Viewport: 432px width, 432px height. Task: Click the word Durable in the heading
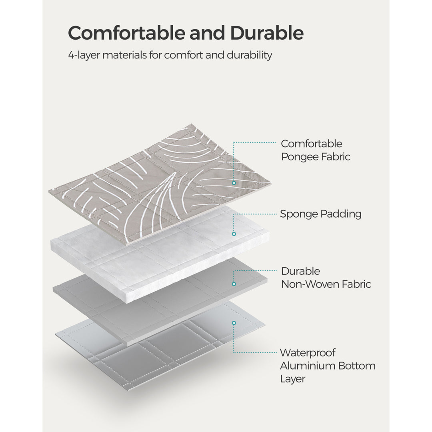tap(267, 33)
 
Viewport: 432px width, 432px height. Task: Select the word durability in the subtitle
tap(249, 55)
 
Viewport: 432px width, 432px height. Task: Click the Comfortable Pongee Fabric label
tap(315, 150)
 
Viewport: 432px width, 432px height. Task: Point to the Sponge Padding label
tap(320, 214)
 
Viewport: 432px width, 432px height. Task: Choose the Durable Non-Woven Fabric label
tap(326, 278)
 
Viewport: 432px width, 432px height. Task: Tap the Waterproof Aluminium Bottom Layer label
tap(327, 366)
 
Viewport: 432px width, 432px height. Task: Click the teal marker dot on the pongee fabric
tap(234, 183)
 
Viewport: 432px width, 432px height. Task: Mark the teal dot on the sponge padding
tap(234, 234)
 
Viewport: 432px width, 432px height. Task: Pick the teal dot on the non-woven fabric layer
tap(234, 284)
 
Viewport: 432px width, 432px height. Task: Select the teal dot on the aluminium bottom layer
tap(234, 323)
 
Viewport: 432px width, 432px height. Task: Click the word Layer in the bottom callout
tap(293, 379)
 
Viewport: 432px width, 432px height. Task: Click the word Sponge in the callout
tap(299, 214)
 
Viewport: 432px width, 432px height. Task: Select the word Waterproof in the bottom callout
tap(308, 353)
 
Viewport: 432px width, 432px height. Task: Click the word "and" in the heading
tap(208, 33)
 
